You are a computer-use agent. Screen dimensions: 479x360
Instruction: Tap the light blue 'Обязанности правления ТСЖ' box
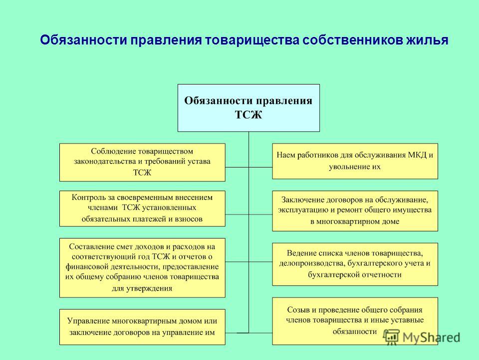[x=248, y=108]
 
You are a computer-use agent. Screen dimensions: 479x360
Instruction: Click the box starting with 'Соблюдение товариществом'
[x=142, y=162]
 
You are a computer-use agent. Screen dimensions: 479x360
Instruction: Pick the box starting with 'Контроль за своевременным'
[x=142, y=208]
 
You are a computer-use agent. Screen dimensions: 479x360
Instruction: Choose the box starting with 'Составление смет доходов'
[x=142, y=268]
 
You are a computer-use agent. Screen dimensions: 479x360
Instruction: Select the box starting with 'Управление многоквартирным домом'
[x=142, y=327]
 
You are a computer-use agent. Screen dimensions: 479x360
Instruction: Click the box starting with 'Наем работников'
[x=355, y=161]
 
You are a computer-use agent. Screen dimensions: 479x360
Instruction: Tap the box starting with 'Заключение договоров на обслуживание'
[x=355, y=211]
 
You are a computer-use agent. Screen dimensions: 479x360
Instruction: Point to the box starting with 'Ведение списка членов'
[x=355, y=264]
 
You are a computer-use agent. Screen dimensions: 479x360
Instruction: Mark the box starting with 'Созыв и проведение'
[x=355, y=321]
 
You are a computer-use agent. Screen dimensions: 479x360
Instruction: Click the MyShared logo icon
[x=391, y=337]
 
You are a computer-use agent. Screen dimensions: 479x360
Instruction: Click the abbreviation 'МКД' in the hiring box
[x=417, y=155]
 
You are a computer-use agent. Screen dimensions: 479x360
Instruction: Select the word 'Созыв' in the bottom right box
[x=298, y=310]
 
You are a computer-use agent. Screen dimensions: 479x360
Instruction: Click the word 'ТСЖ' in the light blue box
[x=248, y=115]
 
